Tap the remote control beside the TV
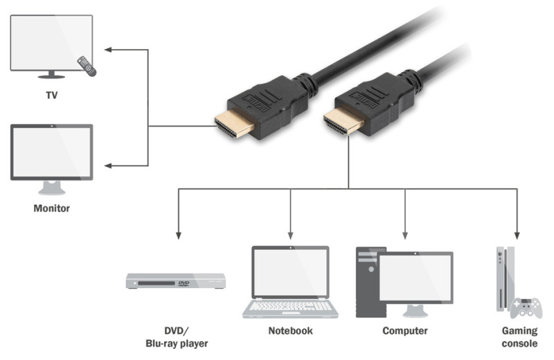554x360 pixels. point(86,66)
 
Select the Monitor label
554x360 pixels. point(51,207)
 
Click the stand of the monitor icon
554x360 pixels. point(51,188)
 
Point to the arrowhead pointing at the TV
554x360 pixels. point(109,50)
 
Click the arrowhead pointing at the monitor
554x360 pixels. point(109,166)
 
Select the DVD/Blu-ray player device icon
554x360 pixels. point(176,281)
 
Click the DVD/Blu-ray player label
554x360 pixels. point(176,336)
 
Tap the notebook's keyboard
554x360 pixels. point(290,306)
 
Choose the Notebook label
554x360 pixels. point(290,331)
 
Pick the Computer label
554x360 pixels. point(405,331)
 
